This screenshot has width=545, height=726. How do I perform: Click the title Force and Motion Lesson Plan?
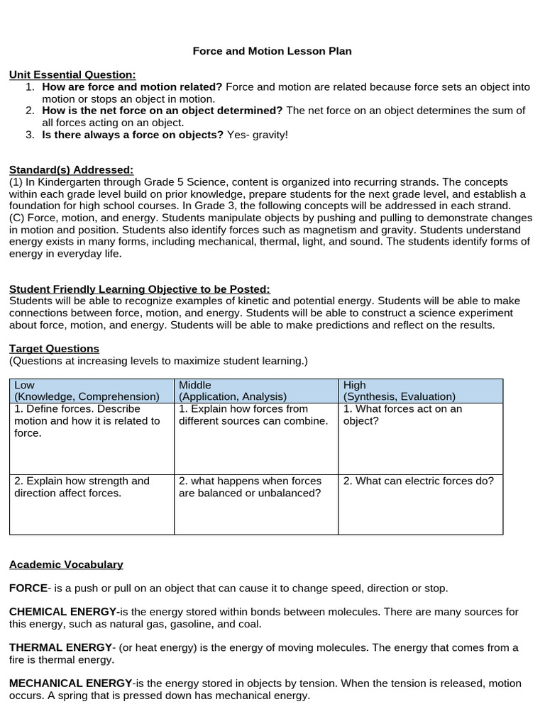click(272, 51)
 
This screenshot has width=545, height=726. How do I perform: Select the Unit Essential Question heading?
click(72, 74)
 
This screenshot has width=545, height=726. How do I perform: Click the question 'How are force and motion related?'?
click(132, 87)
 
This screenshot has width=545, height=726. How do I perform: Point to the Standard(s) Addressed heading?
click(71, 170)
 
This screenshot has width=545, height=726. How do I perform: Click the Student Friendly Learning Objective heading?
click(140, 289)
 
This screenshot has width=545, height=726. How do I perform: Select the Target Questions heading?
click(54, 348)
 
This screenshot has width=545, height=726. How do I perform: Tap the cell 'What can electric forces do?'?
click(418, 481)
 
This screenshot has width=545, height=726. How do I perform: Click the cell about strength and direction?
click(82, 487)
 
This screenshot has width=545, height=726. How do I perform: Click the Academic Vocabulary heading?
click(66, 564)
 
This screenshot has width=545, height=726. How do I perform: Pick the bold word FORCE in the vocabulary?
click(28, 588)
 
